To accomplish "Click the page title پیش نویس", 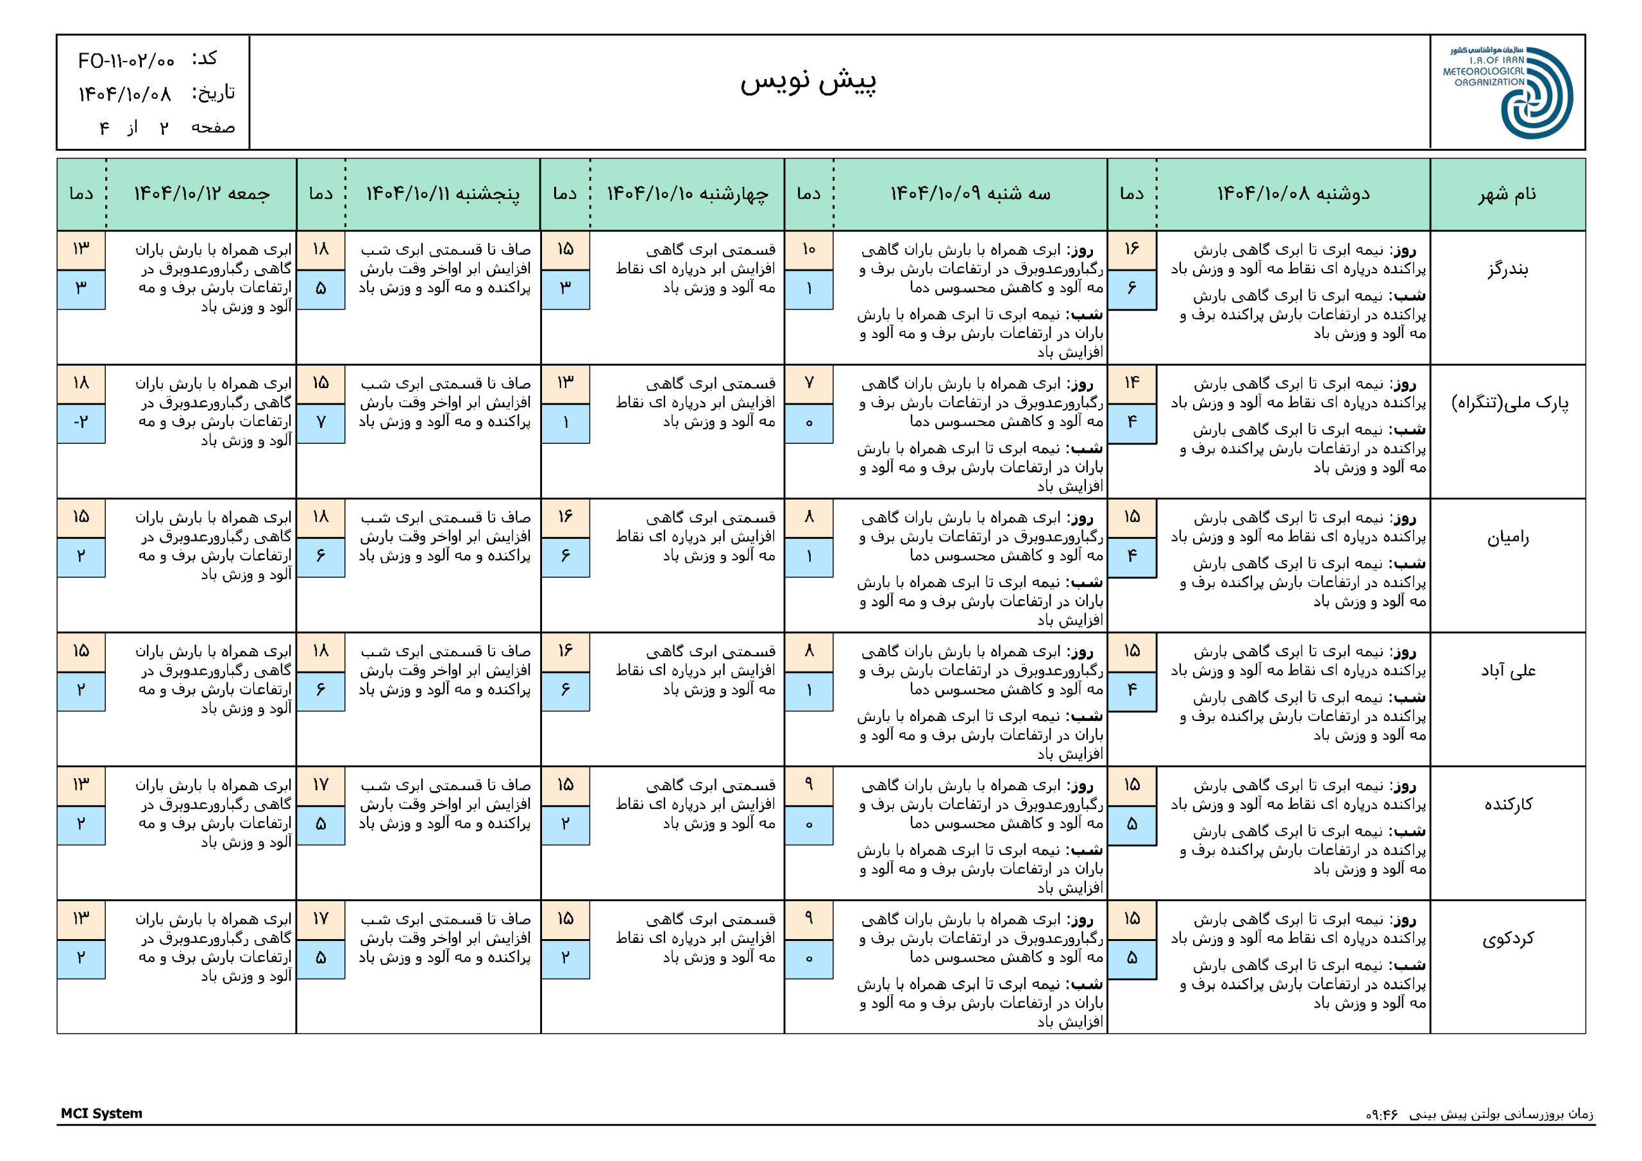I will pyautogui.click(x=808, y=81).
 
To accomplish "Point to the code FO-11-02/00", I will pyautogui.click(x=126, y=61).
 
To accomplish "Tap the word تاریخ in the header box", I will pyautogui.click(x=213, y=93).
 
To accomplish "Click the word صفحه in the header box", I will pyautogui.click(x=212, y=128).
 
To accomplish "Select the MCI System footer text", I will pyautogui.click(x=101, y=1113).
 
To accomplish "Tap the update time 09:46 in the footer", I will pyautogui.click(x=1381, y=1115).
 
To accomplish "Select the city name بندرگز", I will pyautogui.click(x=1507, y=269).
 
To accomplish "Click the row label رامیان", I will pyautogui.click(x=1507, y=538).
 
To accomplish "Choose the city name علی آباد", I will pyautogui.click(x=1507, y=671).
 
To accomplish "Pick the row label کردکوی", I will pyautogui.click(x=1507, y=938).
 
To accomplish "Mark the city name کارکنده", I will pyautogui.click(x=1507, y=805).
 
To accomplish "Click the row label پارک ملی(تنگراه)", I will pyautogui.click(x=1509, y=403).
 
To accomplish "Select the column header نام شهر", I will pyautogui.click(x=1507, y=194).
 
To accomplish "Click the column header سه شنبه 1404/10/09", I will pyautogui.click(x=970, y=194).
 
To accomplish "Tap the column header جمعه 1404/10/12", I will pyautogui.click(x=201, y=194).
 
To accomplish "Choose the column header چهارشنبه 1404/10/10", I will pyautogui.click(x=687, y=194).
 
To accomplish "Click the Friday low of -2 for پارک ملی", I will pyautogui.click(x=81, y=423).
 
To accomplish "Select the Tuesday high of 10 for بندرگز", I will pyautogui.click(x=809, y=250).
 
